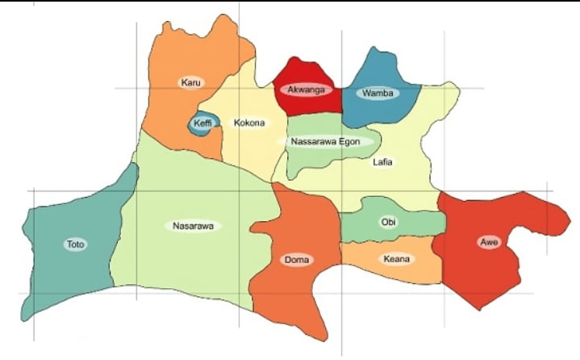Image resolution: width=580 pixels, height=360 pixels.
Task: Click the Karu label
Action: tap(190, 82)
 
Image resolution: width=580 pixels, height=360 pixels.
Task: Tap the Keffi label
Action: tap(202, 123)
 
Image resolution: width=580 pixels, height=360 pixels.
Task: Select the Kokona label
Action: tap(248, 123)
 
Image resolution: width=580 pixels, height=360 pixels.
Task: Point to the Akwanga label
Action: tap(306, 90)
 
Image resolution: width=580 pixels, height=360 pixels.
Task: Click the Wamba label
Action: tap(378, 93)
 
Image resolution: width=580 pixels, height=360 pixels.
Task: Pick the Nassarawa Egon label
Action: tap(331, 141)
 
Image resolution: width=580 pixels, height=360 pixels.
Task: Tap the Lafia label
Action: tap(384, 161)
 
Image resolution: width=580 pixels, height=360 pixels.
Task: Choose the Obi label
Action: tap(389, 222)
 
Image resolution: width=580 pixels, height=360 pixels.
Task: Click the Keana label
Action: tap(396, 259)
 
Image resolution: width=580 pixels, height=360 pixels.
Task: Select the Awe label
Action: tap(487, 242)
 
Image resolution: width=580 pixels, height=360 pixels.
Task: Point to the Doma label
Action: tap(297, 260)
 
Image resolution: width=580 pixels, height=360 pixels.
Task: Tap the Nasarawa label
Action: tap(194, 226)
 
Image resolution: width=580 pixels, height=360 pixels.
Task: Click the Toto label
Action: tap(75, 244)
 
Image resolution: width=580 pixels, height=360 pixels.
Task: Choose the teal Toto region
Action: tap(65, 274)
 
